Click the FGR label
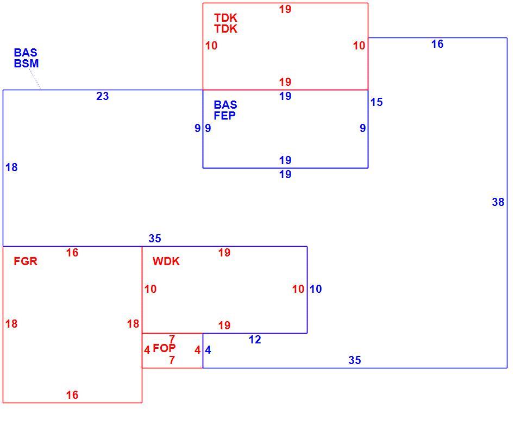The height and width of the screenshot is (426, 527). point(26,261)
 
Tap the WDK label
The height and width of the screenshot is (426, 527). point(166,261)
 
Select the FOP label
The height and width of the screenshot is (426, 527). point(165,348)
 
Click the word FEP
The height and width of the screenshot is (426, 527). point(225,116)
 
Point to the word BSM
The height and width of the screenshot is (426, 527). point(26,64)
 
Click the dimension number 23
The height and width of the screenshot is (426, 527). point(103,96)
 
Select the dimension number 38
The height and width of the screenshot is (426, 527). point(498,202)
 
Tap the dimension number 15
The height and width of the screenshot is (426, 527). point(377,102)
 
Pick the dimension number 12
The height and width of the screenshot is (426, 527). point(255,340)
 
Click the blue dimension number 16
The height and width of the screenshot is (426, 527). point(437,44)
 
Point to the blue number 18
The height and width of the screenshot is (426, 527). point(11,167)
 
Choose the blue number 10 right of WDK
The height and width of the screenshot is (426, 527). point(316,289)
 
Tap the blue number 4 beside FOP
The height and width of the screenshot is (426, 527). point(208,350)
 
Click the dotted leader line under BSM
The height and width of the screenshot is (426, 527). point(35,79)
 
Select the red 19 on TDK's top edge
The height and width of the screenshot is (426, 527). point(285,9)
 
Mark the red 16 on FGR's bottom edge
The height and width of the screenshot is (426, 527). point(72,394)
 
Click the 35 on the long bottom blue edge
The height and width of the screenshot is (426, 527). point(355,360)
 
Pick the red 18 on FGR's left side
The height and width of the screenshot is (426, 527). point(11,324)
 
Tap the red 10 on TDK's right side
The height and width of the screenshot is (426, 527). point(359,46)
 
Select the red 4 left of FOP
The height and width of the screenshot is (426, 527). point(147,350)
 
